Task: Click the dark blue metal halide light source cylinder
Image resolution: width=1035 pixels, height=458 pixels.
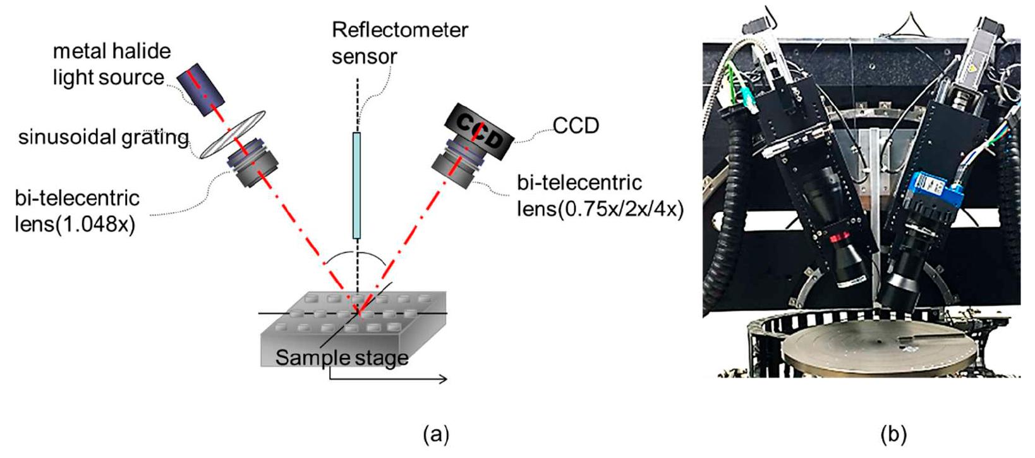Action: pos(200,89)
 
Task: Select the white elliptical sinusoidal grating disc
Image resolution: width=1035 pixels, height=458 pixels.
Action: pos(232,134)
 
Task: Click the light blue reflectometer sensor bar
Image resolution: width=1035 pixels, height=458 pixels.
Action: pos(356,185)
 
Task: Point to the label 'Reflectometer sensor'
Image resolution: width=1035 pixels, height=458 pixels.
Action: pos(399,42)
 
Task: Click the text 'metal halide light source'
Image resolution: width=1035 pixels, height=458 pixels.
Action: pos(111,64)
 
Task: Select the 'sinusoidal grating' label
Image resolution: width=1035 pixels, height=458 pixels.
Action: pos(103,137)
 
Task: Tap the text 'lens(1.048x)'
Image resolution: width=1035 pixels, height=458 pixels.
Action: pos(75,224)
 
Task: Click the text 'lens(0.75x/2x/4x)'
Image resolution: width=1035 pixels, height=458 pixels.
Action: pos(600,208)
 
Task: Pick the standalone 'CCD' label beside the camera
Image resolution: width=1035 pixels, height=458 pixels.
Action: pos(576,126)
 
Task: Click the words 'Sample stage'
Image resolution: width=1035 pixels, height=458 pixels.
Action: pos(341,357)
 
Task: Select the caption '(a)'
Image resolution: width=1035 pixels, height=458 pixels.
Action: pos(436,434)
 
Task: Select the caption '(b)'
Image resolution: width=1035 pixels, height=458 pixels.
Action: pos(893,434)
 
